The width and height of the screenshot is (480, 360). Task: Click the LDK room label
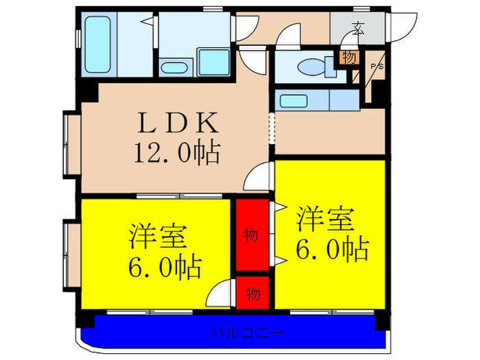179,123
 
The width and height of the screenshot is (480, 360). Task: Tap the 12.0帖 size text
177,152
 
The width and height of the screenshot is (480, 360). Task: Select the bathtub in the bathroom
97,45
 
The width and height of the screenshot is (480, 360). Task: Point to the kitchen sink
293,101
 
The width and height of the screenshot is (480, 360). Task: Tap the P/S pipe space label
377,67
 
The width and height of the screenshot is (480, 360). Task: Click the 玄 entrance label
357,28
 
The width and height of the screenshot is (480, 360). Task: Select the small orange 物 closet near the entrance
349,57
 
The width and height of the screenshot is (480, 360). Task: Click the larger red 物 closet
252,235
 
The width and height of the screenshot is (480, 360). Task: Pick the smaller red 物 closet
252,293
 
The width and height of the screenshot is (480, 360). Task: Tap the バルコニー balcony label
247,333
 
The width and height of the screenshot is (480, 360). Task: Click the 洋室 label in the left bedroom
157,237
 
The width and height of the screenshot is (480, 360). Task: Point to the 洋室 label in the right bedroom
325,219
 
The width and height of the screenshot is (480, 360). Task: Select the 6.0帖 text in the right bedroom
333,249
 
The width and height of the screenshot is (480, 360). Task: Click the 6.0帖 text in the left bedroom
165,267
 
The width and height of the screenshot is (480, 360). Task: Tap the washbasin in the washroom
174,68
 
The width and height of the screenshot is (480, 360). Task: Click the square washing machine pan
214,62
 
